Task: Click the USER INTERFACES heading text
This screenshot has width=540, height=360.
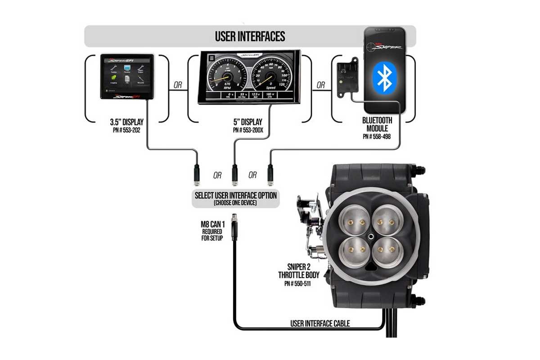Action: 250,36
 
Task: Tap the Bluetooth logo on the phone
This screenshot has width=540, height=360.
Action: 384,77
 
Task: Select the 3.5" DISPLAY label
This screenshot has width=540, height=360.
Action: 127,122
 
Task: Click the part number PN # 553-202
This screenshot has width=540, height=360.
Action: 127,130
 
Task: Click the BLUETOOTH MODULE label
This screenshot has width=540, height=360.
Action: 377,124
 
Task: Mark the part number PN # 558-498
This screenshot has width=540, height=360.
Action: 377,136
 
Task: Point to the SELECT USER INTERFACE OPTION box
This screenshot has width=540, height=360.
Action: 235,198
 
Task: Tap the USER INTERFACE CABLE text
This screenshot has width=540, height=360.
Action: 319,324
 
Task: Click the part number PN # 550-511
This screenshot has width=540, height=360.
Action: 298,284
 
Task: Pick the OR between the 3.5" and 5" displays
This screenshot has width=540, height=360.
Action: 178,85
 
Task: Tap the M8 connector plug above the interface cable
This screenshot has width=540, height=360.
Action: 234,224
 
